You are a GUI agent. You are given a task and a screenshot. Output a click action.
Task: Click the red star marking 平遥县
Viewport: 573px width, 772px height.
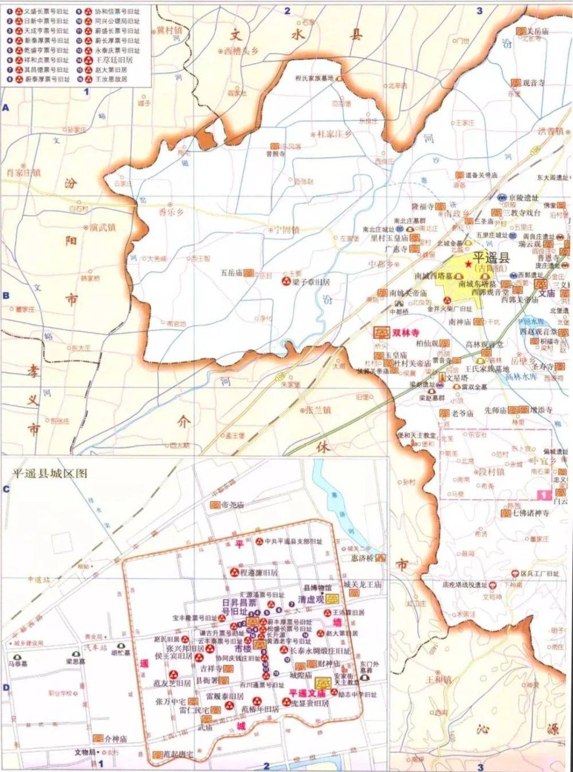(x=469, y=263)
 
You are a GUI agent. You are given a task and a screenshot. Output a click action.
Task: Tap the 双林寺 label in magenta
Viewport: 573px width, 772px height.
(x=405, y=332)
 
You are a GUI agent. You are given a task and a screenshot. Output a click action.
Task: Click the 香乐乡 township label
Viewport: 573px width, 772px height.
(x=170, y=211)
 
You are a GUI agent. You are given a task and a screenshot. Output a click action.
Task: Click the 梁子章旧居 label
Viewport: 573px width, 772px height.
(x=311, y=282)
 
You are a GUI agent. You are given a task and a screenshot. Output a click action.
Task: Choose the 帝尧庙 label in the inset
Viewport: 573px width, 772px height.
(x=233, y=505)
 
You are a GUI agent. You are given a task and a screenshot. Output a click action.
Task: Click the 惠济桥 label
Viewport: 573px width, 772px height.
(x=362, y=558)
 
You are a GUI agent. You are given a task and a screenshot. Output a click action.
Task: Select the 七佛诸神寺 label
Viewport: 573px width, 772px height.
(x=531, y=513)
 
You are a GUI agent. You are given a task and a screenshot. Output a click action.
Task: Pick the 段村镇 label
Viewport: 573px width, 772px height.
(x=492, y=471)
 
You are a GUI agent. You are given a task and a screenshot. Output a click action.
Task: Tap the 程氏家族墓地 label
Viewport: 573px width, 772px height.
(x=313, y=78)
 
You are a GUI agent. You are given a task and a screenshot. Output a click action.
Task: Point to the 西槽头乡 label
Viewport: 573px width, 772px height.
(x=241, y=51)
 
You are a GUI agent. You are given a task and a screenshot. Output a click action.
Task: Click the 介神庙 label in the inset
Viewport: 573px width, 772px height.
(x=115, y=739)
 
